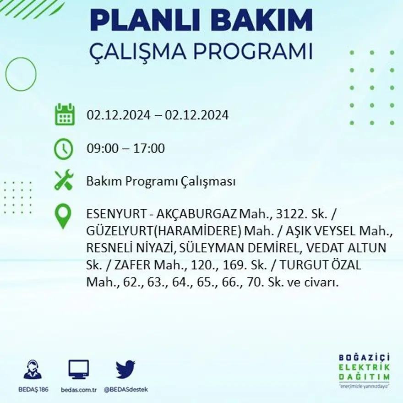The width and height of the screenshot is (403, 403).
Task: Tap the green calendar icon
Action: coord(64,114)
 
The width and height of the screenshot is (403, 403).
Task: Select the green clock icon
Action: coord(63,149)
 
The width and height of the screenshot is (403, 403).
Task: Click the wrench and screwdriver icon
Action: coord(64,180)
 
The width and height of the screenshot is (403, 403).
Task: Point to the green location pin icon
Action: coord(63,216)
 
